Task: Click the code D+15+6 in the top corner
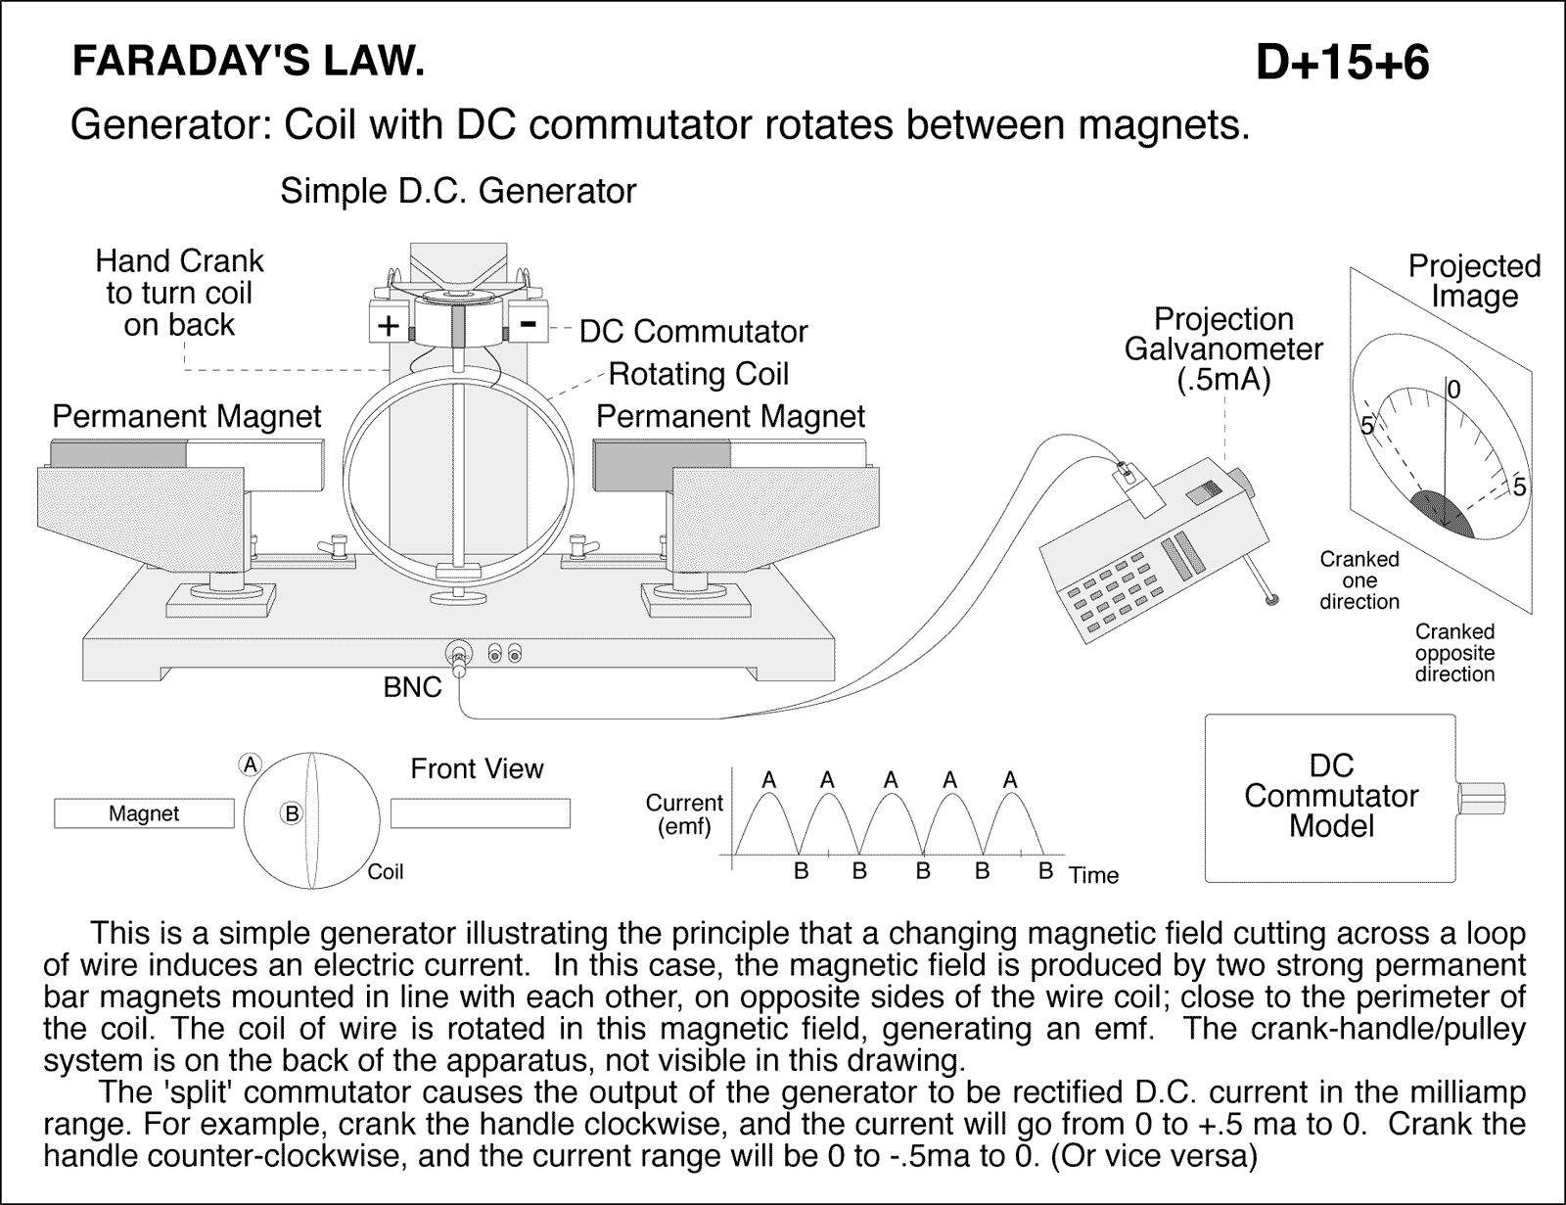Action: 1342,64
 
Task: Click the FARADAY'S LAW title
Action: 249,64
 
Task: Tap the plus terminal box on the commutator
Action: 389,325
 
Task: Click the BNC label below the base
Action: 412,687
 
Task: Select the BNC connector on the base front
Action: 458,655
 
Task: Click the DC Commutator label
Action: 693,332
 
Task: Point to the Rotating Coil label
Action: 698,374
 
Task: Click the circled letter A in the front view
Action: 252,765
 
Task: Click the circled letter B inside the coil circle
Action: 291,811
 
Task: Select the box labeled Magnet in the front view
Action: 144,813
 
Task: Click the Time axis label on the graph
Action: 1093,875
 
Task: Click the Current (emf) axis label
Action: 684,814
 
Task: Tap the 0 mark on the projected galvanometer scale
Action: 1453,390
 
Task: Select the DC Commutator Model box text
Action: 1331,796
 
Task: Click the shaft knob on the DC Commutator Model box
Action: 1481,797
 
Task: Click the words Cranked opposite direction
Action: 1454,653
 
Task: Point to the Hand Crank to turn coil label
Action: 179,293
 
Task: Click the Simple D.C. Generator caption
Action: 458,191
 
